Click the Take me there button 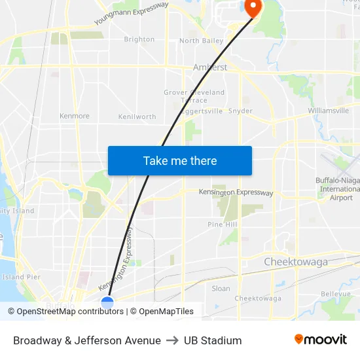(180, 160)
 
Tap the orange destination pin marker (252, 7)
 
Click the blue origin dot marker (107, 302)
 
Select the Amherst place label (210, 67)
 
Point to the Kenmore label (74, 116)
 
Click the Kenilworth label (137, 117)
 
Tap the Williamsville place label (328, 111)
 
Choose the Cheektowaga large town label (296, 262)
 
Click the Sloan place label (221, 288)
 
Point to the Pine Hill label (222, 225)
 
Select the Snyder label (241, 111)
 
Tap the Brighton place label (139, 39)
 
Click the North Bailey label (201, 41)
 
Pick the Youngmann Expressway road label (131, 13)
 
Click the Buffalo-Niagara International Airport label (336, 189)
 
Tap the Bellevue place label (336, 295)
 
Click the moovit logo (320, 340)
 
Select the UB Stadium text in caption (213, 340)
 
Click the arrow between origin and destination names (172, 340)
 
